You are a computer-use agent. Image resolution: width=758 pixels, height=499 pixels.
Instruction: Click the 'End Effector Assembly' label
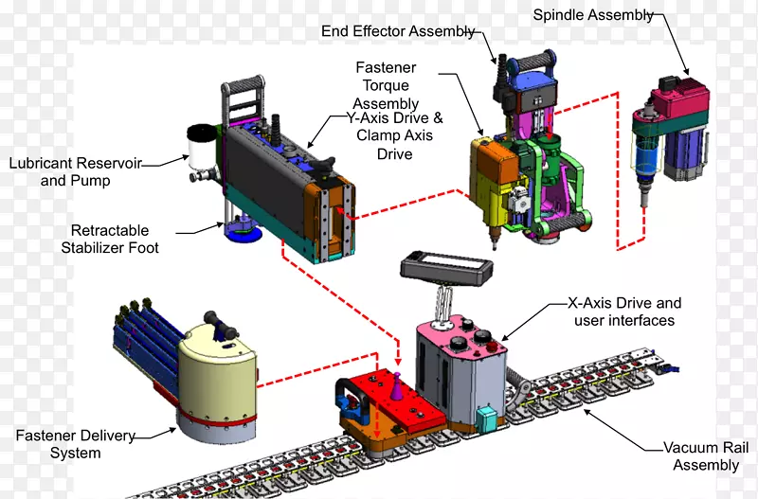pyautogui.click(x=398, y=31)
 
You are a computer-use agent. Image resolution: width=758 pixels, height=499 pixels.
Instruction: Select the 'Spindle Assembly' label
pyautogui.click(x=593, y=14)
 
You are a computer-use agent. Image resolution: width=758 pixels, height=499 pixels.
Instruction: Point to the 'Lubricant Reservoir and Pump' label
pyautogui.click(x=75, y=171)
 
